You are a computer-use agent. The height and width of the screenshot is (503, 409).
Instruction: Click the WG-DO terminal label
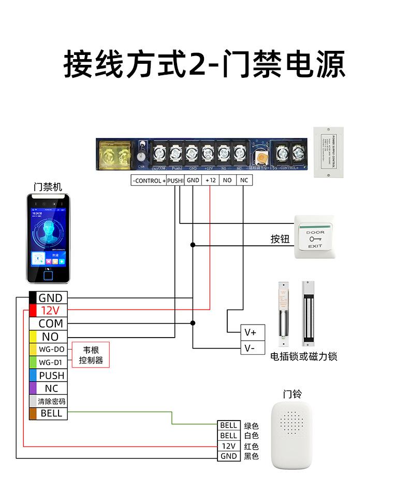[x=51, y=349]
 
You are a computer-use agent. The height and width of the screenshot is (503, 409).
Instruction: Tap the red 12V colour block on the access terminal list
[x=33, y=311]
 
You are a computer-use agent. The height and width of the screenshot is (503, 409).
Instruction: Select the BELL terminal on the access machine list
[x=51, y=413]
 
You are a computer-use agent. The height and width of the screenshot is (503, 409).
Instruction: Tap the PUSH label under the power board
[x=176, y=180]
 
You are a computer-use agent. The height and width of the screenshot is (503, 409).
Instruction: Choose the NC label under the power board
[x=244, y=180]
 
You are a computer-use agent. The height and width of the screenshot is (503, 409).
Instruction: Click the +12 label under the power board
[x=210, y=180]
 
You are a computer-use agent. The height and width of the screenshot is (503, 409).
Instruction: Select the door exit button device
[x=315, y=237]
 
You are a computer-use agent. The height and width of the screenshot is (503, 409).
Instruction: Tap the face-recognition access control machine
[x=48, y=238]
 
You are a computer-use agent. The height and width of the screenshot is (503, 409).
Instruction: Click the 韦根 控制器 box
[x=91, y=355]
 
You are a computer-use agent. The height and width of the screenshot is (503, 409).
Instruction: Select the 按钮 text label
[x=280, y=239]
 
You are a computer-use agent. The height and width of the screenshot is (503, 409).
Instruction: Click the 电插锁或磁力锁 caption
[x=304, y=357]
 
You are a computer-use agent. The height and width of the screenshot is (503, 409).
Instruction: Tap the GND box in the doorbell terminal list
[x=228, y=456]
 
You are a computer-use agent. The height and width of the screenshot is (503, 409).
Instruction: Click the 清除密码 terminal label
[x=51, y=401]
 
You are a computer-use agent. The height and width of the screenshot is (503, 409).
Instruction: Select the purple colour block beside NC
[x=33, y=388]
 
